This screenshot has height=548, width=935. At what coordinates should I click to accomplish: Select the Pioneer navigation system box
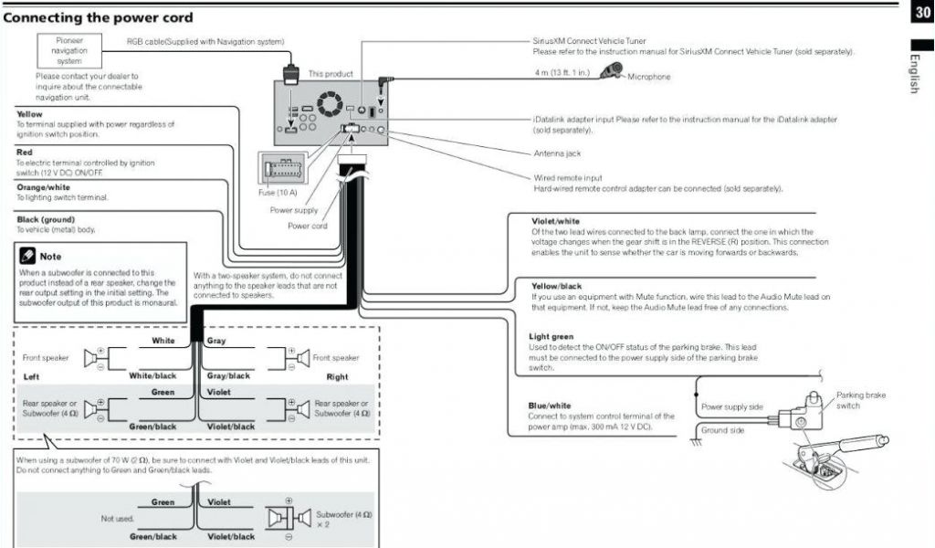(x=69, y=51)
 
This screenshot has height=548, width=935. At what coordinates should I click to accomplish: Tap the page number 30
(x=920, y=12)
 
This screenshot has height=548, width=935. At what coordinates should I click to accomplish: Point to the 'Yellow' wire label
(x=29, y=114)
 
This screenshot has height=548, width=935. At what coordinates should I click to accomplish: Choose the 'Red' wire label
(x=25, y=152)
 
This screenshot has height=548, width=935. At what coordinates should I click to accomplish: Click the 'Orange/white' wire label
(x=42, y=187)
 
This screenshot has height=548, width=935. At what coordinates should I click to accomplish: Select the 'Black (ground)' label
(x=46, y=219)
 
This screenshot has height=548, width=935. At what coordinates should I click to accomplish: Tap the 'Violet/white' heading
(x=555, y=221)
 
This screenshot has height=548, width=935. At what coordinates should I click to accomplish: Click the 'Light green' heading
(x=551, y=337)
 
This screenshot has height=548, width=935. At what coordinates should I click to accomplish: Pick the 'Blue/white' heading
(x=550, y=406)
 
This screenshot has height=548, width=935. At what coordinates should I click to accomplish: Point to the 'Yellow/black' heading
(x=556, y=286)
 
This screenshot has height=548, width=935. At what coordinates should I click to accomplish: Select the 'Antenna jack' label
(x=556, y=153)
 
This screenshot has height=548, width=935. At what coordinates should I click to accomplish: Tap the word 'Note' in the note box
(x=50, y=257)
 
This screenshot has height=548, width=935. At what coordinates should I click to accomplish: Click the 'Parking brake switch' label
(x=861, y=400)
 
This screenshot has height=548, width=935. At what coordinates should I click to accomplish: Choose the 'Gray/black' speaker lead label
(x=228, y=375)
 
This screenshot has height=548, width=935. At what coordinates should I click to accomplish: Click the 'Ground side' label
(x=722, y=430)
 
